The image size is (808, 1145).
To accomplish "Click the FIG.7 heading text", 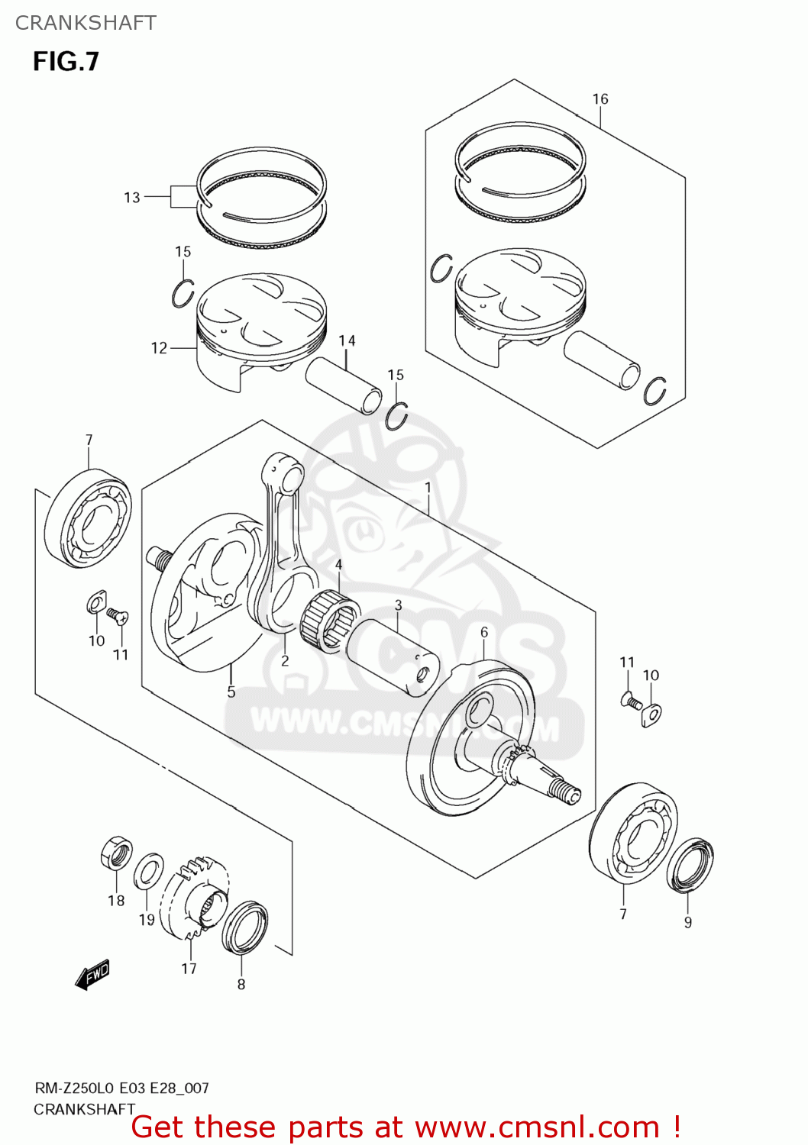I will point(66,62).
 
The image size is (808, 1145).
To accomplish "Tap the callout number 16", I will point(600,99).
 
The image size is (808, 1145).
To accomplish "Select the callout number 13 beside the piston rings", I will point(132,198).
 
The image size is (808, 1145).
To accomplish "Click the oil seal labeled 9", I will point(690,865).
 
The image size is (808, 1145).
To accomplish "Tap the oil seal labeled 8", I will point(244,927).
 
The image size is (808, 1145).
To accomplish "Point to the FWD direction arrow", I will point(93,975).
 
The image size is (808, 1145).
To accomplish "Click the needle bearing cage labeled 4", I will point(331,621).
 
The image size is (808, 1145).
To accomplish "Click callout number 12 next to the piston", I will point(159,348).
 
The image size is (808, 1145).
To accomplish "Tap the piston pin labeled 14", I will point(344,385).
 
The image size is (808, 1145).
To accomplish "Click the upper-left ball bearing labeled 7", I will point(88,519).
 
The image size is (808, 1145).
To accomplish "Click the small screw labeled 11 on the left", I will point(117,614).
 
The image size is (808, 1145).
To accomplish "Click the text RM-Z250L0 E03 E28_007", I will point(121,1088).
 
